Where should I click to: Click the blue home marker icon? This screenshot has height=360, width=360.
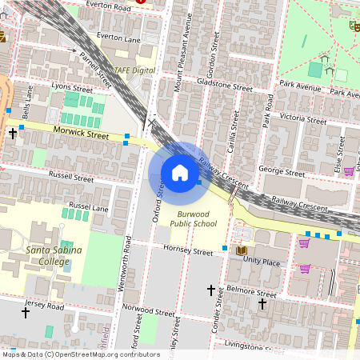coord(180,173)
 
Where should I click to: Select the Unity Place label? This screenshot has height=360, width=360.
coord(262,261)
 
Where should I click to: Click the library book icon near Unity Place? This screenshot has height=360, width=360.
coord(241,251)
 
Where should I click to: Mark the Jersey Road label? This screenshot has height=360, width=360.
coord(44,305)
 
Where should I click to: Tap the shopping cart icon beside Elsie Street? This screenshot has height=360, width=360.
coord(349,170)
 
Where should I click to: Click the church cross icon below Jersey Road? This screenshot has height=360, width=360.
coord(25,314)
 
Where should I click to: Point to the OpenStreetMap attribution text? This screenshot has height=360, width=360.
coord(81,354)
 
